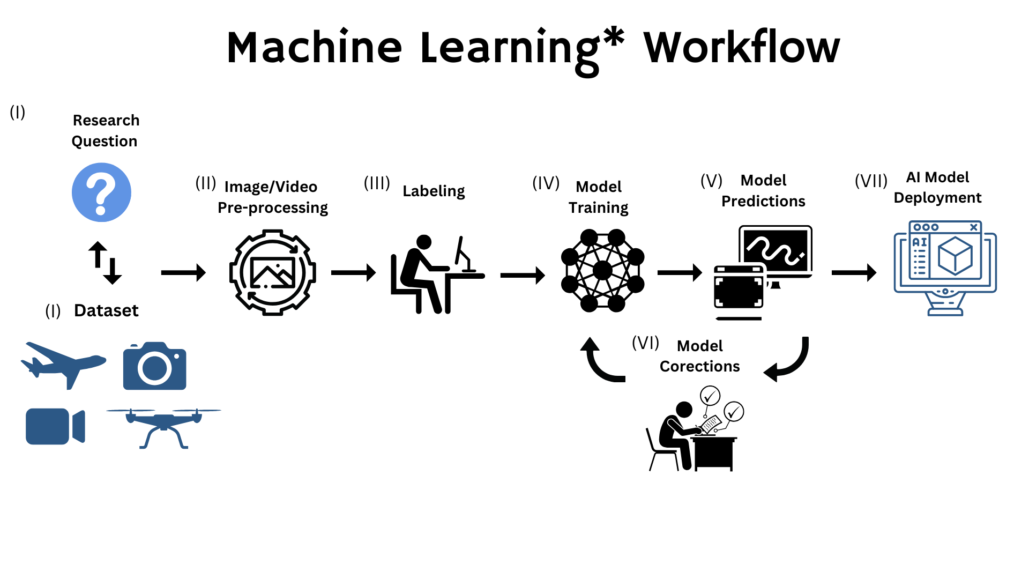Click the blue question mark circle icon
101,192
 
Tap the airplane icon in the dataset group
63,363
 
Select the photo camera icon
154,366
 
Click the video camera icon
55,426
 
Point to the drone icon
163,426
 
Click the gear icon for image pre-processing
272,272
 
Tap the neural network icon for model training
602,271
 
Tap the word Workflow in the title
742,48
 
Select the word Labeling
434,191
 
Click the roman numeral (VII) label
871,181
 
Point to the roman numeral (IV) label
546,183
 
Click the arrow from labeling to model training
522,275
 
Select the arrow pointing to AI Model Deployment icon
853,273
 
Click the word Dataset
106,310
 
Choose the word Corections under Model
699,366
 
